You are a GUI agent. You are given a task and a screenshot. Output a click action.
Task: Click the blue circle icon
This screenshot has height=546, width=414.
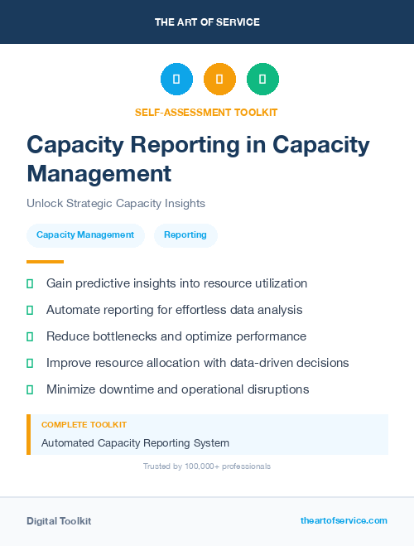click(176, 79)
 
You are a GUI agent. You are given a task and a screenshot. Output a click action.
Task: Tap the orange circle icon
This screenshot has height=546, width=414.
click(219, 79)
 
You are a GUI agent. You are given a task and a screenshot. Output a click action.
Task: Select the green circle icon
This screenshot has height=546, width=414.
click(262, 79)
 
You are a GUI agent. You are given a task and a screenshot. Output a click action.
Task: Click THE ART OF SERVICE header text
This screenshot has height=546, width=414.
click(207, 22)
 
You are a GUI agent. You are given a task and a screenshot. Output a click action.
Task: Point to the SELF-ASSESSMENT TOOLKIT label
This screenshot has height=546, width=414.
click(206, 112)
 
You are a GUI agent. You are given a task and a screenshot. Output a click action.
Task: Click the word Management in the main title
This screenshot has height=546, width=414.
click(99, 173)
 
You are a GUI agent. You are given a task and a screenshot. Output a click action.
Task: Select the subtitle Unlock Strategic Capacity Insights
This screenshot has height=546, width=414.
click(116, 203)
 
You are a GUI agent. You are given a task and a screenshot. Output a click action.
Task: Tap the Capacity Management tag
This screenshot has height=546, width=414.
click(85, 235)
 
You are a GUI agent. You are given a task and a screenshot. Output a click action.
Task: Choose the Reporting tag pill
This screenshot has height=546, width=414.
click(185, 235)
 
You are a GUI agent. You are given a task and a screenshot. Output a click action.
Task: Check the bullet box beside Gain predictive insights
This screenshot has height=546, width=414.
click(30, 283)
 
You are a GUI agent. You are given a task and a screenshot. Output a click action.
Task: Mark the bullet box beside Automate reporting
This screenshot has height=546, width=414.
click(30, 310)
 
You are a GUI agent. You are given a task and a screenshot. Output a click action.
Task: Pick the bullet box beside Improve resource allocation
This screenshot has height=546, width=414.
click(30, 363)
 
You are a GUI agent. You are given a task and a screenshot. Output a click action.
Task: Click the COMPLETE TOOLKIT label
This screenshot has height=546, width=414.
click(84, 424)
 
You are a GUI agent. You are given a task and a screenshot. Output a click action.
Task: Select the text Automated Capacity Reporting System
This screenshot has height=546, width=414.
click(135, 443)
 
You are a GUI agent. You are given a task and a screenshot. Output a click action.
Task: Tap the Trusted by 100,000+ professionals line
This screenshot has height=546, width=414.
click(206, 466)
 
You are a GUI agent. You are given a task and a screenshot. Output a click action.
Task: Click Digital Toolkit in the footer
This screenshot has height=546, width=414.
click(59, 520)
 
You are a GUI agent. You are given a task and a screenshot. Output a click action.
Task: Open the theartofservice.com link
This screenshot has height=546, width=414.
click(344, 520)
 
